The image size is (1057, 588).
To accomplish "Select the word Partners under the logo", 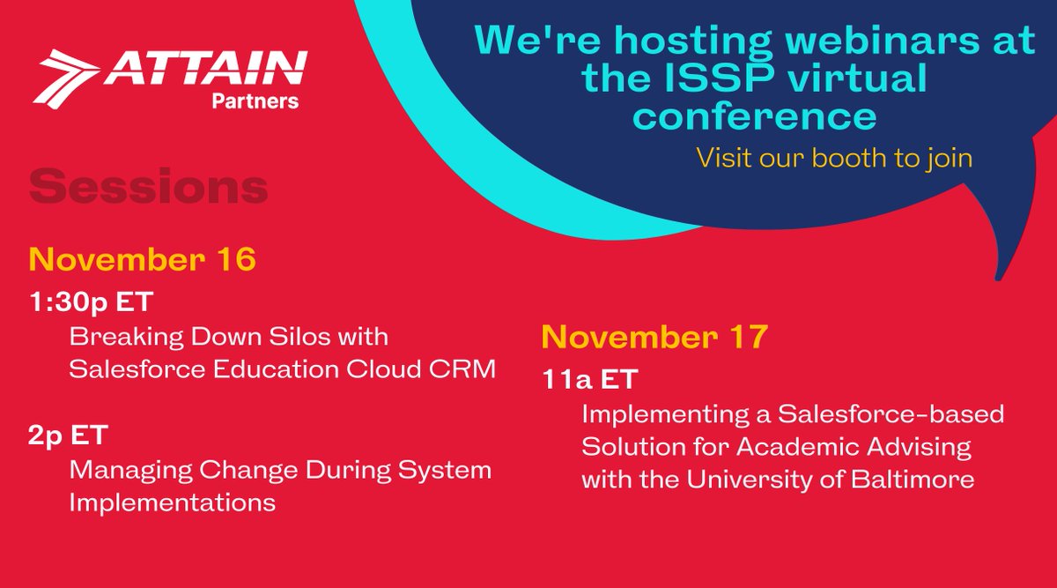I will (255, 101).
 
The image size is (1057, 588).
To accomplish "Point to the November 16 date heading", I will (143, 259).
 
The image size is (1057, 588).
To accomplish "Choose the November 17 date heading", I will (655, 337).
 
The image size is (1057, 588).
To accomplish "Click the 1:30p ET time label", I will (90, 302).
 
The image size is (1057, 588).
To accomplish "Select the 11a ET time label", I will (589, 380).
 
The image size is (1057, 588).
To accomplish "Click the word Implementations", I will (171, 502).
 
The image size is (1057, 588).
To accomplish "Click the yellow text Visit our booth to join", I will (834, 160).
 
